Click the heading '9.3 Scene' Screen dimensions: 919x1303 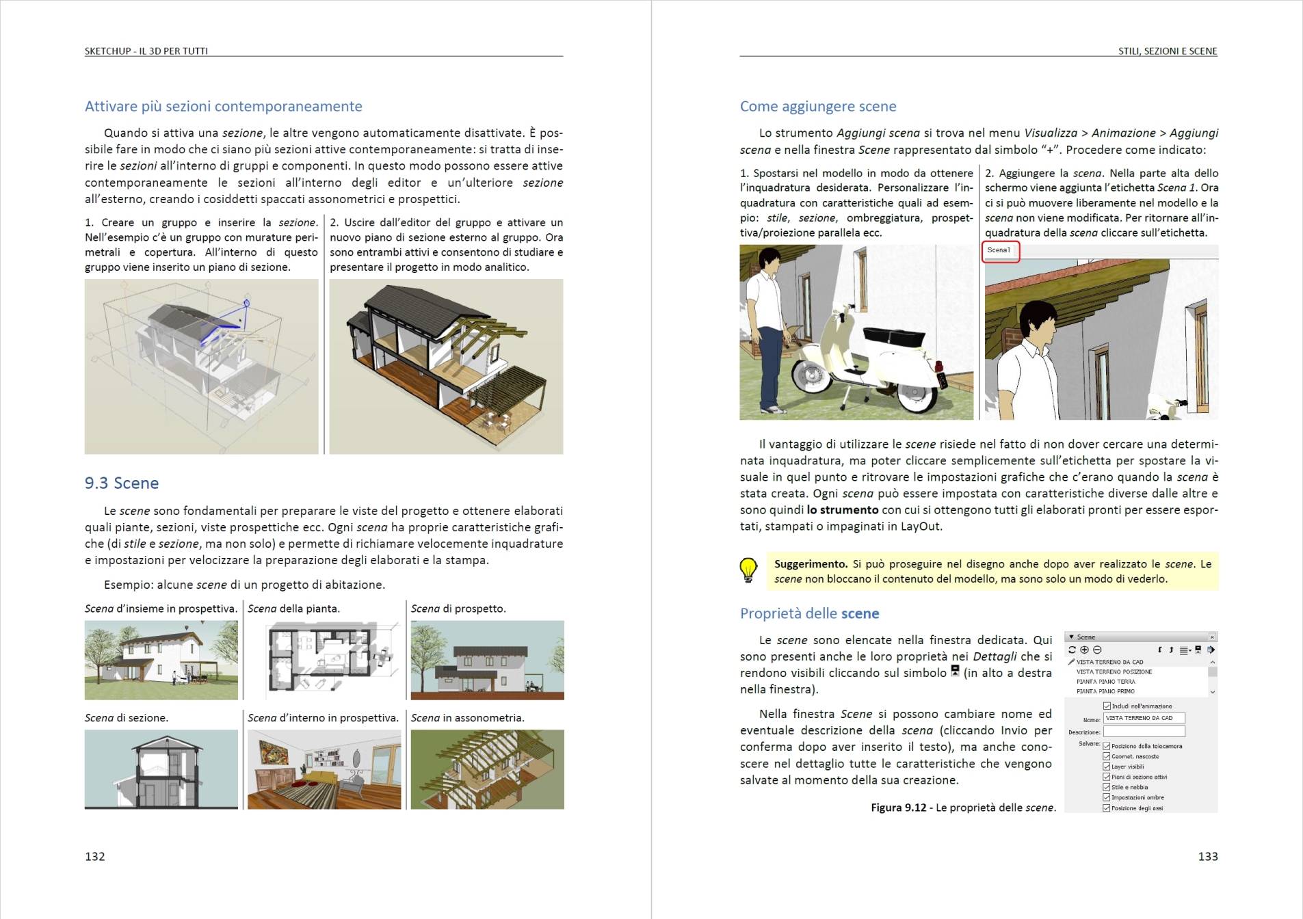[122, 483]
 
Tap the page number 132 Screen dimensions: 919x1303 [95, 856]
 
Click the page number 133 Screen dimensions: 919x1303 [1207, 856]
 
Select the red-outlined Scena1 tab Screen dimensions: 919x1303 [1000, 251]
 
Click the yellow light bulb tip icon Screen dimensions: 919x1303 [748, 570]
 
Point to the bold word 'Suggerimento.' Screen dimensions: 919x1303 [811, 564]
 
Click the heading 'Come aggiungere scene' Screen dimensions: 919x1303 [818, 107]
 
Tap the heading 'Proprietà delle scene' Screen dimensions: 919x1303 [809, 613]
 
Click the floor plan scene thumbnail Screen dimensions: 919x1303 [324, 660]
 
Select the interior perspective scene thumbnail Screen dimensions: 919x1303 [324, 769]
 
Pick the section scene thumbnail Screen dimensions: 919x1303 [161, 769]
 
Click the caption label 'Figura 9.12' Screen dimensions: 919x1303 [898, 808]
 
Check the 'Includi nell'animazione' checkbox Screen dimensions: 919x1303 [1107, 706]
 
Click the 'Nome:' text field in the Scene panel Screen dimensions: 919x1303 [1144, 718]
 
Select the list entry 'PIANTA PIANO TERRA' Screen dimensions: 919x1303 [1105, 681]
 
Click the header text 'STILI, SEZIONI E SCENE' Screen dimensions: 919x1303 [1168, 51]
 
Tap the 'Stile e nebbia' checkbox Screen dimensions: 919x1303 [1107, 787]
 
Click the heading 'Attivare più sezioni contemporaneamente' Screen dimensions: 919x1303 [224, 107]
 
